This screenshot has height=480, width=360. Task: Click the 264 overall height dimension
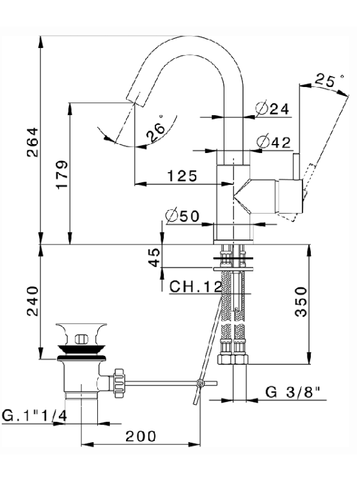33,142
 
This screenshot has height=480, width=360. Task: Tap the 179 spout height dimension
61,175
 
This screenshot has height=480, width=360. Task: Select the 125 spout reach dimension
182,176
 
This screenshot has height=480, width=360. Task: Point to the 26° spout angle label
156,130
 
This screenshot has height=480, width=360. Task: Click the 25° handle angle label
329,80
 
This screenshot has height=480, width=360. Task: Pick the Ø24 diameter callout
272,108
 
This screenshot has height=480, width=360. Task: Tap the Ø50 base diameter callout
182,216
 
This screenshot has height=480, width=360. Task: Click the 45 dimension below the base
155,257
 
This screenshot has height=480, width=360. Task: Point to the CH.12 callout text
196,287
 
